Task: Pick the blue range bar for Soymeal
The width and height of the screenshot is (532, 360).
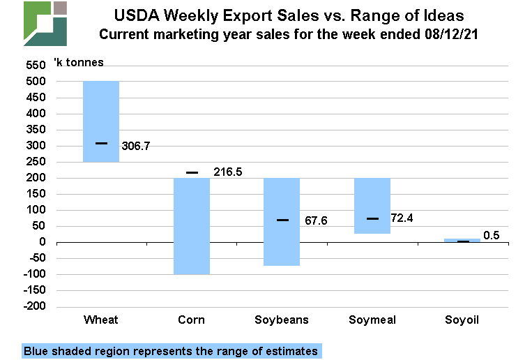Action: [372, 206]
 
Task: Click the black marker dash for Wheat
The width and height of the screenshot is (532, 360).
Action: [102, 143]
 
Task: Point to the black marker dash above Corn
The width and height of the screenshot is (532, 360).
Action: [192, 172]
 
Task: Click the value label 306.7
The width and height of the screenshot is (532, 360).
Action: [135, 147]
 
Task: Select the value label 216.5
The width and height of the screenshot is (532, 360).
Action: [227, 172]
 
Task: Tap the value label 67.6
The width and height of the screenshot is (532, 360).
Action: [316, 221]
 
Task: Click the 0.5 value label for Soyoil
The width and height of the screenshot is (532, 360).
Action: [491, 235]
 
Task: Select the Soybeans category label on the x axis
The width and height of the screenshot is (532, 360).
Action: [282, 320]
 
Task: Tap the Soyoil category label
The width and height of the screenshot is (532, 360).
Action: [462, 320]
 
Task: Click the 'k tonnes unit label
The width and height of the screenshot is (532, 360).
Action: [78, 63]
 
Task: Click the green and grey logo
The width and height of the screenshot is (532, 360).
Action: [45, 24]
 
